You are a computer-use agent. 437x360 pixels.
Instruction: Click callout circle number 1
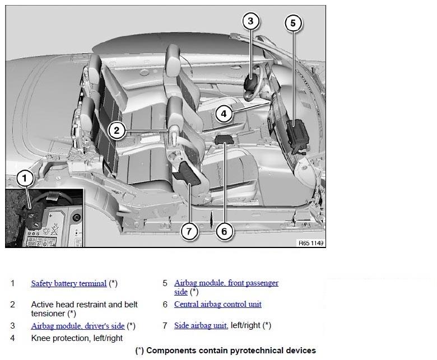pos(25,178)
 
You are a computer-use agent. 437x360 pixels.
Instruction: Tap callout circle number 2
pos(117,130)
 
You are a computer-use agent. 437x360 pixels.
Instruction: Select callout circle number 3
pos(250,21)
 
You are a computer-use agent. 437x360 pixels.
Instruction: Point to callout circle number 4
pos(224,114)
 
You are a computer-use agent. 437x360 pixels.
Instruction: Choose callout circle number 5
pos(293,23)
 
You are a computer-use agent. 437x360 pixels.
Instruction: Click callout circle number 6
pos(224,231)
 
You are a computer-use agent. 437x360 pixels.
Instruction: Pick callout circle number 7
pos(189,231)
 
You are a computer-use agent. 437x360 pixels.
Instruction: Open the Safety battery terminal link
pos(69,283)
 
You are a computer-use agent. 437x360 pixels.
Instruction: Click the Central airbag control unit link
pos(218,304)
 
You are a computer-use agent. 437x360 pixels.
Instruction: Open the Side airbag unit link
pos(200,325)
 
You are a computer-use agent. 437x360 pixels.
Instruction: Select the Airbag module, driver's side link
pos(78,326)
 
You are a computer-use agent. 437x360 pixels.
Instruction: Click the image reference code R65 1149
pos(311,243)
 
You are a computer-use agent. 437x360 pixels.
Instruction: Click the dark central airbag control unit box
pos(224,139)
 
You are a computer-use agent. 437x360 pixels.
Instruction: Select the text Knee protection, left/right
pos(77,338)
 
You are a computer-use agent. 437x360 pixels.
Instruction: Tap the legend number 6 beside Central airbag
pos(165,305)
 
